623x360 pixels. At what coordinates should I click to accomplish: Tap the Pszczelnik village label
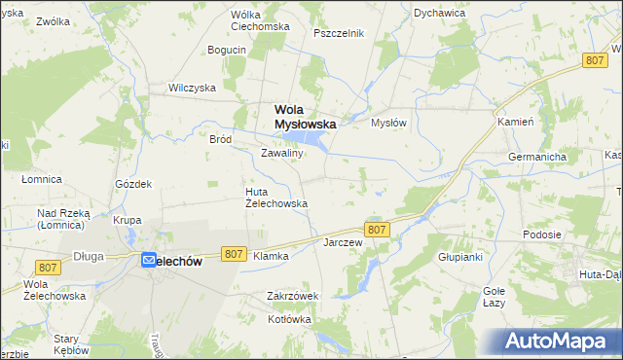[339, 32]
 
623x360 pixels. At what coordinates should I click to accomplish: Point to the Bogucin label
[227, 50]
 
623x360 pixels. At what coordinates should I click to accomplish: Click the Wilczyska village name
[191, 87]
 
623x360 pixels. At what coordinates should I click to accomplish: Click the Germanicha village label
[536, 157]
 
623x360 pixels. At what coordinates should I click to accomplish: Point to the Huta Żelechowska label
[275, 198]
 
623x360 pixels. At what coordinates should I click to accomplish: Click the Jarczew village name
[343, 242]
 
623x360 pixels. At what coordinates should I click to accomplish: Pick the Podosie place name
[541, 234]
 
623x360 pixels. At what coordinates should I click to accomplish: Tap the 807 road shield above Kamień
[597, 60]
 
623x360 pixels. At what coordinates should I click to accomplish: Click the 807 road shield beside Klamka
[233, 253]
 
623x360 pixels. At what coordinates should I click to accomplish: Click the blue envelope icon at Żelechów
[149, 260]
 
